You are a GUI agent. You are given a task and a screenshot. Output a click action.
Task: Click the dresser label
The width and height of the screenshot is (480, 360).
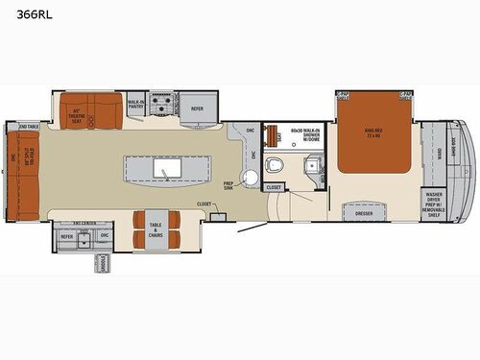[363, 213]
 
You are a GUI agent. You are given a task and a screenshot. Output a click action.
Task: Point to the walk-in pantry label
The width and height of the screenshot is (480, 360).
[136, 102]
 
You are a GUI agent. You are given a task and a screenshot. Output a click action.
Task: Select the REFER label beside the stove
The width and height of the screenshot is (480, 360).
[197, 108]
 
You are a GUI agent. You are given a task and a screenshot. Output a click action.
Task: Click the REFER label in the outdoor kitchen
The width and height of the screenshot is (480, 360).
[67, 235]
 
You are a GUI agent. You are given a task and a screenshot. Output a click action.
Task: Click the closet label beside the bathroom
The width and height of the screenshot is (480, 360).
[274, 186]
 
